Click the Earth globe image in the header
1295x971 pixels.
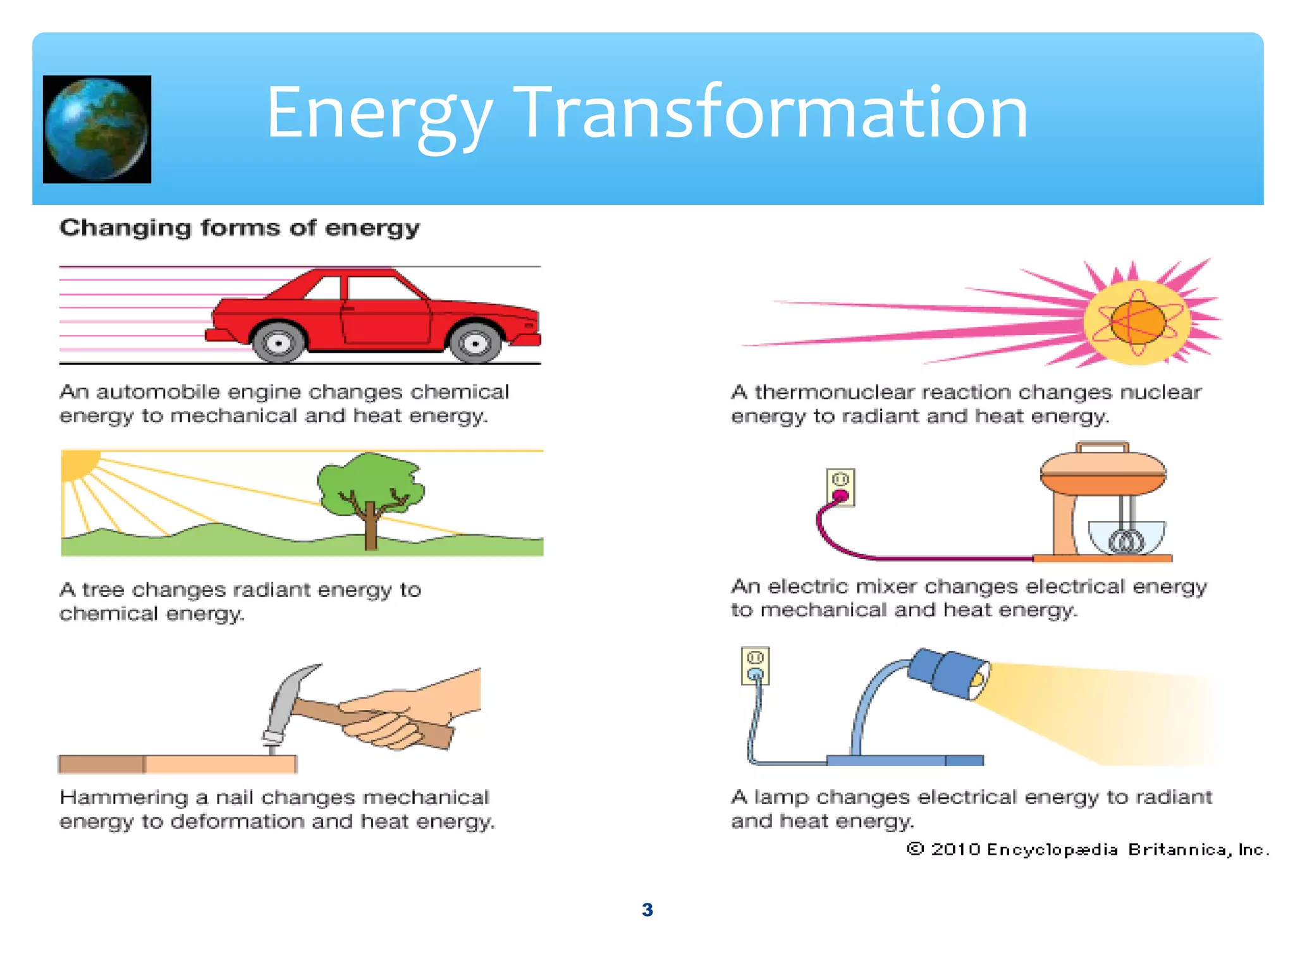point(97,129)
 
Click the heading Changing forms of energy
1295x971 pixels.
point(239,228)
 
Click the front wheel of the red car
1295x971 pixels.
point(474,343)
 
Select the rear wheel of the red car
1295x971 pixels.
point(278,343)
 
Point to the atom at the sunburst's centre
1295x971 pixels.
point(1138,322)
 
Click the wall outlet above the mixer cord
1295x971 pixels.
point(840,487)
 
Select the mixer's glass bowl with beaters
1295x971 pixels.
point(1126,537)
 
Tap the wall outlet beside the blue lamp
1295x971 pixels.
point(755,666)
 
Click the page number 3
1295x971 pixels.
point(647,910)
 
